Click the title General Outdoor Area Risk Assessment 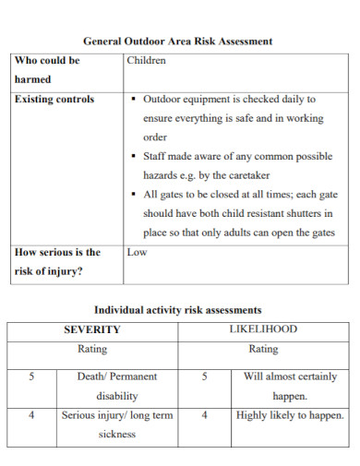pyautogui.click(x=178, y=42)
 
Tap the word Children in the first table pyautogui.click(x=146, y=61)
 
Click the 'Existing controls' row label pyautogui.click(x=54, y=99)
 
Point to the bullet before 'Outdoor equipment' pyautogui.click(x=135, y=99)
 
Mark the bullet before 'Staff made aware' pyautogui.click(x=135, y=157)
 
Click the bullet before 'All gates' pyautogui.click(x=135, y=195)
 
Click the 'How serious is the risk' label pyautogui.click(x=57, y=261)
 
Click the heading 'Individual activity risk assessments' pyautogui.click(x=178, y=310)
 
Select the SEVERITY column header pyautogui.click(x=92, y=329)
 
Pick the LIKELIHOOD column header pyautogui.click(x=263, y=329)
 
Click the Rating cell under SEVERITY pyautogui.click(x=92, y=350)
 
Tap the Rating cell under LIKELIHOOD pyautogui.click(x=263, y=350)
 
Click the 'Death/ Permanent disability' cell pyautogui.click(x=117, y=386)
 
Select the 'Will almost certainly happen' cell pyautogui.click(x=291, y=386)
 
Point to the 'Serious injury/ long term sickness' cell pyautogui.click(x=117, y=424)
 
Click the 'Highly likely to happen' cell pyautogui.click(x=290, y=416)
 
